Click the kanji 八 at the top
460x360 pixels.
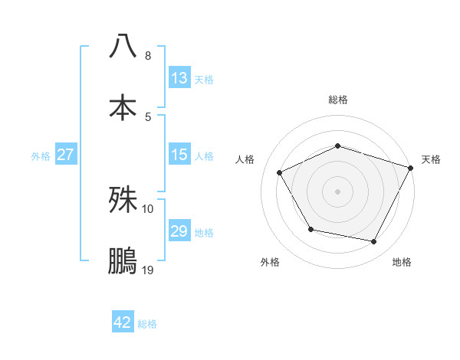123,47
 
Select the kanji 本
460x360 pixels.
123,107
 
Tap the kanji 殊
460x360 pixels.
123,200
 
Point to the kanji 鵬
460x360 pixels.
123,261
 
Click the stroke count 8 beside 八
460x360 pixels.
148,56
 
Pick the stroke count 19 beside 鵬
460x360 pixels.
148,270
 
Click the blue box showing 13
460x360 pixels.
179,78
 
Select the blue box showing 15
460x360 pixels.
179,155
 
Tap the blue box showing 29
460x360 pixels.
179,231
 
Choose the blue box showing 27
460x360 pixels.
66,155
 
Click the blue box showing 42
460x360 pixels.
123,322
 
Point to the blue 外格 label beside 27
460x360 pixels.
41,155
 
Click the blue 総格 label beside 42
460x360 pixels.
147,323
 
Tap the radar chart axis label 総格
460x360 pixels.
338,100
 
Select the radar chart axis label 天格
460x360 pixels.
431,159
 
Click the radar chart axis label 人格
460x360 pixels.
245,159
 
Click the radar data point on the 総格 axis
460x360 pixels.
338,146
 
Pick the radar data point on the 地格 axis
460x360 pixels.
374,241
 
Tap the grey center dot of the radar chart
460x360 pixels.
338,191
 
